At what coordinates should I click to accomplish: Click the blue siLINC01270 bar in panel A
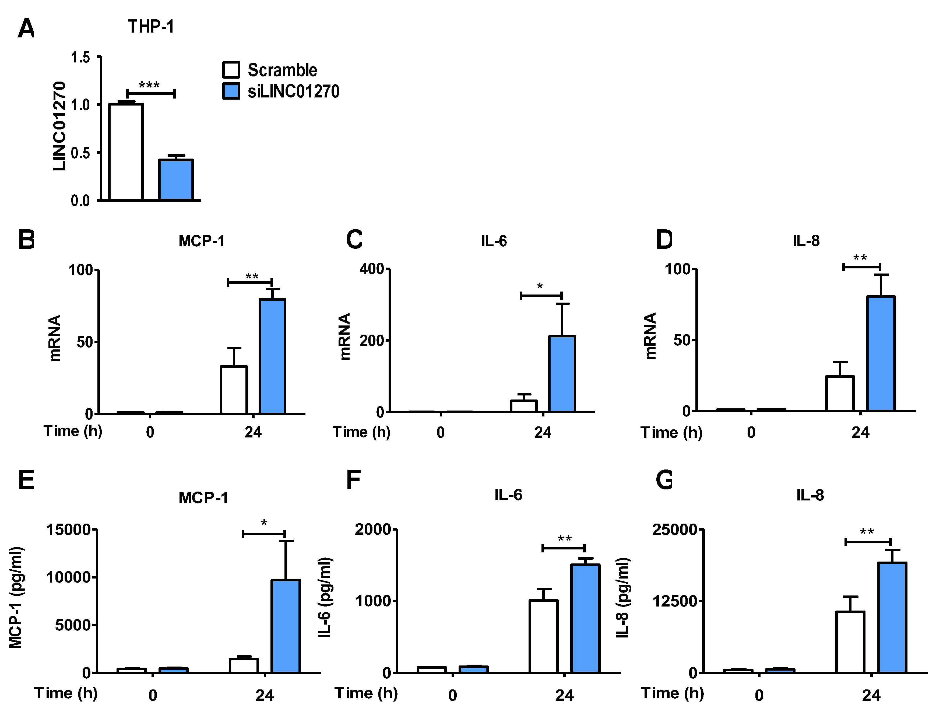176,180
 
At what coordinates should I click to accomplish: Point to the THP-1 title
151,27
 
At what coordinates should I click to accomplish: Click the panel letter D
663,240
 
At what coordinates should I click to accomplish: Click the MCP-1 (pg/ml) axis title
16,598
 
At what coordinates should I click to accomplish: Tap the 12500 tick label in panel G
674,601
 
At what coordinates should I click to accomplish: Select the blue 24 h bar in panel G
892,618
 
